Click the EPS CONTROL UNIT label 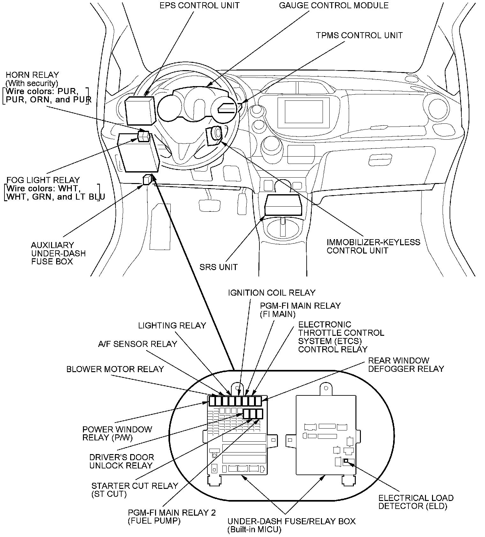[199, 5]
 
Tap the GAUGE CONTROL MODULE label [333, 5]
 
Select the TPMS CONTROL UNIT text [359, 35]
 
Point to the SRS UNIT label [219, 267]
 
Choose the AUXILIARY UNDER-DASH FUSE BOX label [58, 253]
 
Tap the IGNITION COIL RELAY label [272, 292]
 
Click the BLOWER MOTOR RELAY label [115, 369]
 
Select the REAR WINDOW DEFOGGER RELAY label [406, 364]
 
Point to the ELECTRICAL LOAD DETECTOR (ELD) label [416, 502]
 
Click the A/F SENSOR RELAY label [137, 344]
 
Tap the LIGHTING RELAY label [172, 325]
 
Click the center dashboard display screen [303, 112]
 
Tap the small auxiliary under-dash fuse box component [147, 180]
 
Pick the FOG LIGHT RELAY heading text [43, 180]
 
